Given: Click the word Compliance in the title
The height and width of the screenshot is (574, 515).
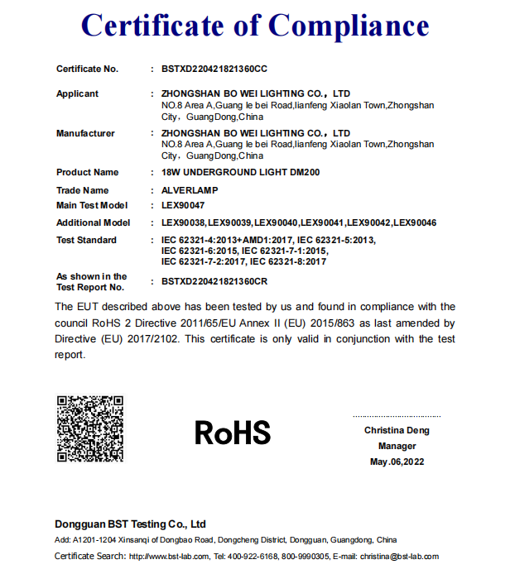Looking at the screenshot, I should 349,26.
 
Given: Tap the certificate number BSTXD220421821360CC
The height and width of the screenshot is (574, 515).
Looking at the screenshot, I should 214,69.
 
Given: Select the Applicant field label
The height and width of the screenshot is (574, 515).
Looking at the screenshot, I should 77,94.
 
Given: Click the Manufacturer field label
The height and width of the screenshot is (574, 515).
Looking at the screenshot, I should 85,133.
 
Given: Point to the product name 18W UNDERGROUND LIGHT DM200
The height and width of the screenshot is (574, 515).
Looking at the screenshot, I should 240,173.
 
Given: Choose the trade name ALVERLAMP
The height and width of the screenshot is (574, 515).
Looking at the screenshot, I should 190,190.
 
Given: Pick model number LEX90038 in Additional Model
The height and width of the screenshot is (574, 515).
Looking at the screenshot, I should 183,223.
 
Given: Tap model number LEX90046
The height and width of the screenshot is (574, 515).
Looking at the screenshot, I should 416,223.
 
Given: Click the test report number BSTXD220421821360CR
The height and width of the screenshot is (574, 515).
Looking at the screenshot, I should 214,281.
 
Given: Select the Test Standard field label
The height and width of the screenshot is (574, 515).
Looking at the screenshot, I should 86,241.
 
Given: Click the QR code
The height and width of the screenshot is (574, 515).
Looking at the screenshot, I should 90,429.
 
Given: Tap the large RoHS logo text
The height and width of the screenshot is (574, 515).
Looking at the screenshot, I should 233,433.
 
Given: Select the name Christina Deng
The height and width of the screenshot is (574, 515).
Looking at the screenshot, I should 397,431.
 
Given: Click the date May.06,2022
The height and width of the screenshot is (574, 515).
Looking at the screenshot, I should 397,462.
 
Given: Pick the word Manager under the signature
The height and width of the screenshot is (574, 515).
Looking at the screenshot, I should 397,447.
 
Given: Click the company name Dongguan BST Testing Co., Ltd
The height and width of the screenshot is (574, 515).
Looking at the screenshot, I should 130,524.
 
